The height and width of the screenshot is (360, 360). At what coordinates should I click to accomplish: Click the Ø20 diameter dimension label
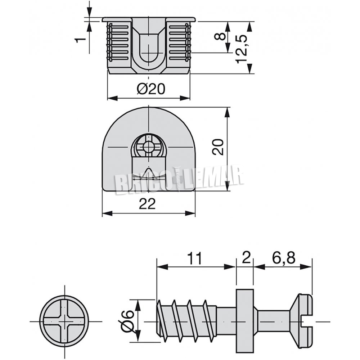pyautogui.click(x=151, y=89)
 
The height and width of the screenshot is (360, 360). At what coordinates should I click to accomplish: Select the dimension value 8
pyautogui.click(x=220, y=37)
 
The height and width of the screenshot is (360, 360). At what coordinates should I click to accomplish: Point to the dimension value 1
pyautogui.click(x=80, y=40)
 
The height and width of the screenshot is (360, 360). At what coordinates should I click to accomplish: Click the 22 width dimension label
pyautogui.click(x=147, y=203)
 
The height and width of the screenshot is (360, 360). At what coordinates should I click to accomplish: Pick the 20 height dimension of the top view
pyautogui.click(x=218, y=147)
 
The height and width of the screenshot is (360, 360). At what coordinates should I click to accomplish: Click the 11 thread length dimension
pyautogui.click(x=194, y=258)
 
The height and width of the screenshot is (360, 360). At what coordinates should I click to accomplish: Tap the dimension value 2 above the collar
pyautogui.click(x=246, y=258)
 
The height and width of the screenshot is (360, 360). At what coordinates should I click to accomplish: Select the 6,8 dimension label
pyautogui.click(x=284, y=258)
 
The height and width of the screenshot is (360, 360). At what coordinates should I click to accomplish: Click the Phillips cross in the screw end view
pyautogui.click(x=64, y=321)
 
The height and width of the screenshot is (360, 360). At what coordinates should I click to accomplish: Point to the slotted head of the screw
pyautogui.click(x=301, y=321)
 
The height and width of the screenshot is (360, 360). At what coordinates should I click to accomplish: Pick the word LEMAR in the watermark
pyautogui.click(x=212, y=176)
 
